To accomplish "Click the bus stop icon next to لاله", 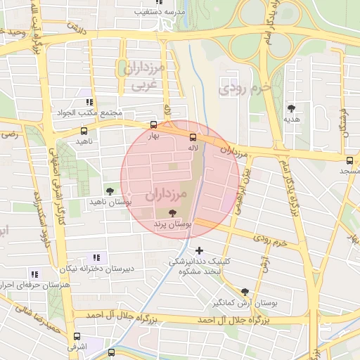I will coord(194,138).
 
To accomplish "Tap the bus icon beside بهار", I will coord(154,125).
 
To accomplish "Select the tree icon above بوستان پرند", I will coord(173,212).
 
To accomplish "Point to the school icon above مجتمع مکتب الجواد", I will coord(89,103).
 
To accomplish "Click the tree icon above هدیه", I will coord(291,108).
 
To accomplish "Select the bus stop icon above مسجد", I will coord(350,160).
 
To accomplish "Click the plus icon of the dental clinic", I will coord(200,250).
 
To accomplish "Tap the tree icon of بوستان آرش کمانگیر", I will coord(245,292).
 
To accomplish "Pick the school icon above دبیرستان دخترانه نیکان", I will coord(96,258).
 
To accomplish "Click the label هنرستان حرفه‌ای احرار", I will coord(28,285).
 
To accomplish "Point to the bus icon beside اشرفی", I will coord(77,336).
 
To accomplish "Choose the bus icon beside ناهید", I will coord(84,131).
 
